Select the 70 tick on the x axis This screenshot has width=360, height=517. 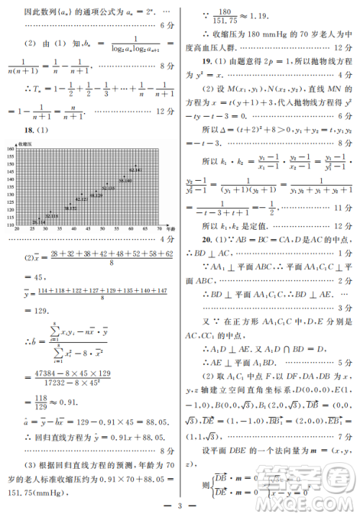[158, 229]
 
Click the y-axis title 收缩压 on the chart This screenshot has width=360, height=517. [29, 141]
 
